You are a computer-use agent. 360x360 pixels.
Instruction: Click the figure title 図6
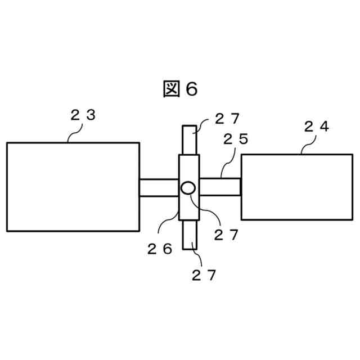(x=180, y=89)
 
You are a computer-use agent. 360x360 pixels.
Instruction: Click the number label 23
(x=83, y=115)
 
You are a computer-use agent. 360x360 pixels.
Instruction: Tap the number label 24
(x=316, y=127)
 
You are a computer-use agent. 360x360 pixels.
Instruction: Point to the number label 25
(x=236, y=139)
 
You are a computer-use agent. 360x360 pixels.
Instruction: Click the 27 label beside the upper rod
(x=227, y=119)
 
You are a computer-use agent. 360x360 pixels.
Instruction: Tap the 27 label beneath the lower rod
(x=204, y=275)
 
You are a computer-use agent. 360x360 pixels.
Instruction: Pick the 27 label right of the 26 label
(x=227, y=235)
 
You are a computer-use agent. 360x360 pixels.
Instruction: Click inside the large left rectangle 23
(x=73, y=187)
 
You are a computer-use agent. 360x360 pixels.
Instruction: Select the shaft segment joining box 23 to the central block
(x=159, y=187)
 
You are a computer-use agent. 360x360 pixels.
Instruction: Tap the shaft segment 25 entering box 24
(x=220, y=187)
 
